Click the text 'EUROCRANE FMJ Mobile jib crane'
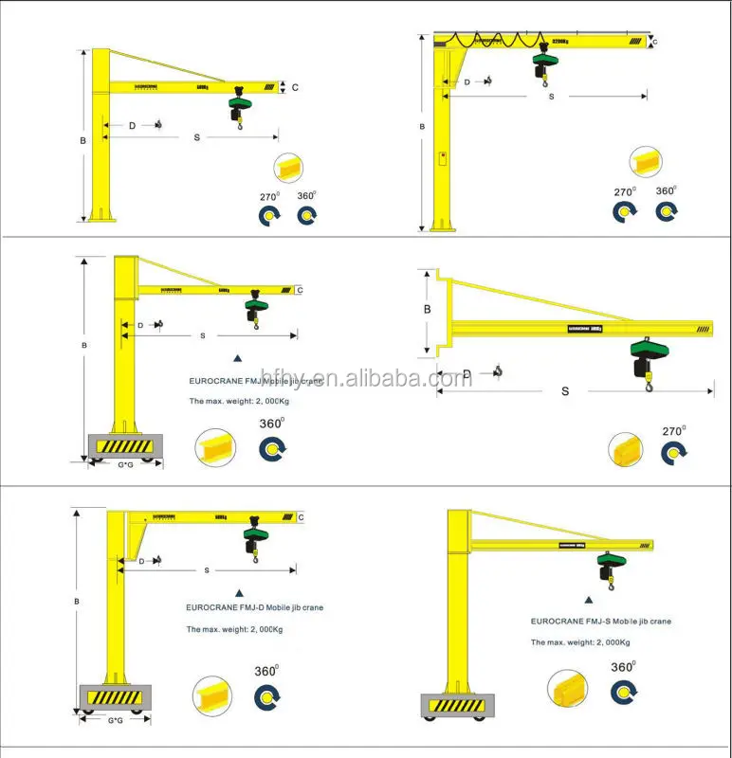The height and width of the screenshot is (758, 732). point(253,382)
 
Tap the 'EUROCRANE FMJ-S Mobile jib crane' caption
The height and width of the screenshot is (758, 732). point(600,622)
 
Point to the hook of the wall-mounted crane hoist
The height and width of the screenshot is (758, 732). point(650,383)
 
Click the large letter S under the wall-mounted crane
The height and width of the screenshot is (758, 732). point(565,390)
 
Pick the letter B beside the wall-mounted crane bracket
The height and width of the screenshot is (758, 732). point(427,309)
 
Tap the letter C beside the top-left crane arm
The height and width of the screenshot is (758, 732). point(295,88)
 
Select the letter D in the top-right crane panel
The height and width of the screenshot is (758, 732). point(467,82)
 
